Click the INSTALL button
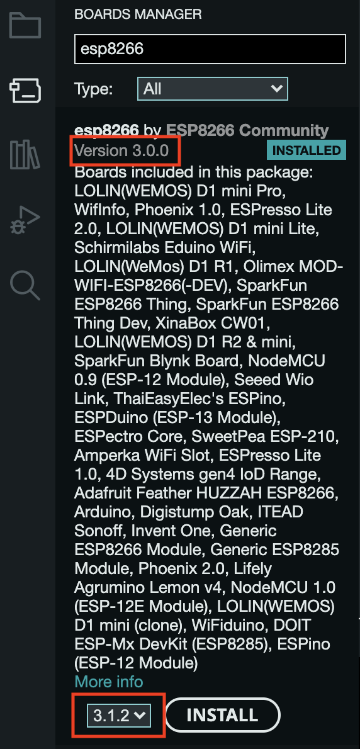click(223, 714)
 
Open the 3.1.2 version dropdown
click(118, 715)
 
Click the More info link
click(109, 681)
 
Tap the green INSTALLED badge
click(306, 150)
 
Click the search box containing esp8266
click(210, 48)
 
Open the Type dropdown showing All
click(213, 88)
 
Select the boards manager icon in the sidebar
click(25, 90)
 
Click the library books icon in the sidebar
click(25, 154)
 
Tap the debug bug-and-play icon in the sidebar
click(25, 219)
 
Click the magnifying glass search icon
click(25, 285)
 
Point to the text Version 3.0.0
click(121, 150)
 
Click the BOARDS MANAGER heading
click(138, 14)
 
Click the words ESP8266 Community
click(247, 130)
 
